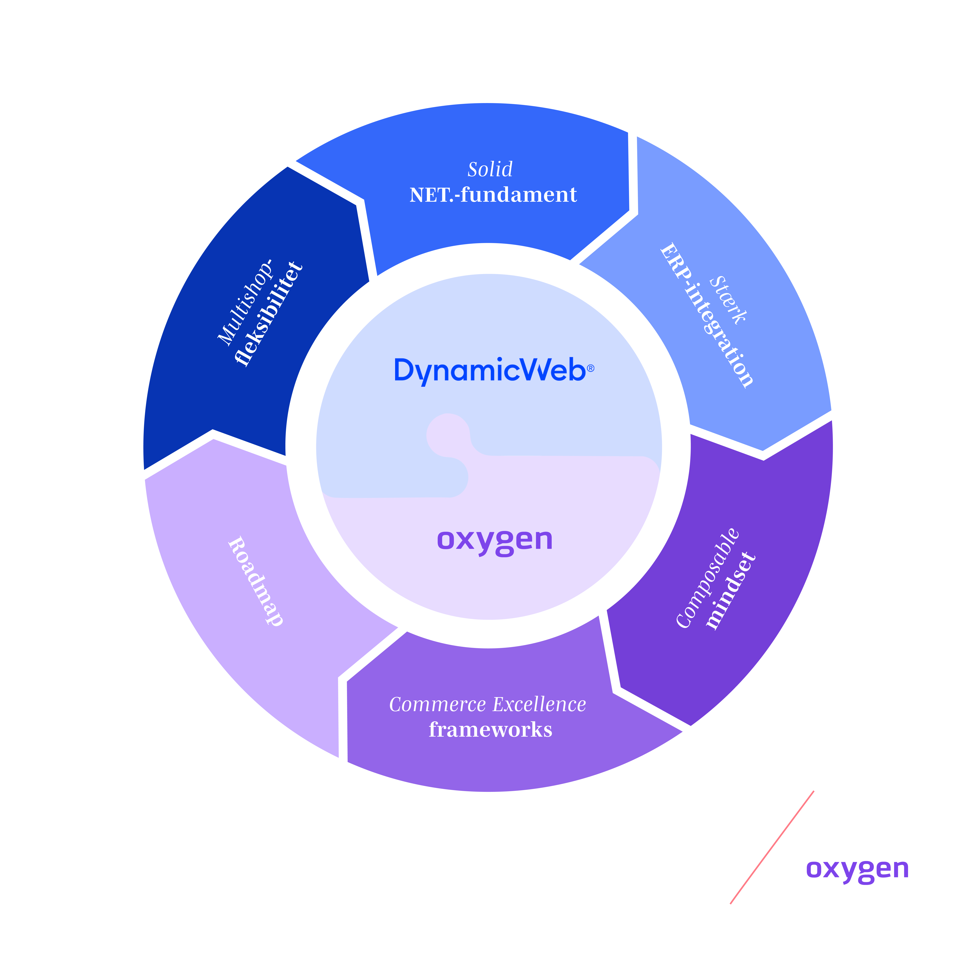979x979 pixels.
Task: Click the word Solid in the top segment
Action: pyautogui.click(x=490, y=169)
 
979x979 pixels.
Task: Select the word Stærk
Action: pyautogui.click(x=728, y=300)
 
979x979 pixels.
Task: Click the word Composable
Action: pyautogui.click(x=708, y=578)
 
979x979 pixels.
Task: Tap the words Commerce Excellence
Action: pyautogui.click(x=488, y=704)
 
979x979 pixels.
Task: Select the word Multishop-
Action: pyautogui.click(x=245, y=303)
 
